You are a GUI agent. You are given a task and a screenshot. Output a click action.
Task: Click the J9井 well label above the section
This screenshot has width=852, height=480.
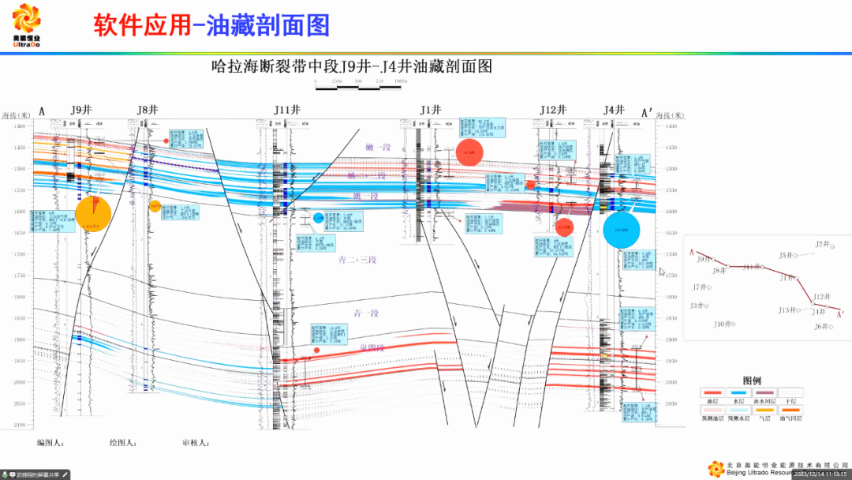(81, 111)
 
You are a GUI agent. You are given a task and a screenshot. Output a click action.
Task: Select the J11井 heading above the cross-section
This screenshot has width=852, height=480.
(287, 111)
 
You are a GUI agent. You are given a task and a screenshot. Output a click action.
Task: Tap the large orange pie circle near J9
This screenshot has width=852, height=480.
(93, 213)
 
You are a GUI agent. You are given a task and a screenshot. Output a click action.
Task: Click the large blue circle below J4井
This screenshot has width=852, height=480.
(621, 230)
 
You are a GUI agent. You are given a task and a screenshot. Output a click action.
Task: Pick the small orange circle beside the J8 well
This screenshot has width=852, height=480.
(155, 206)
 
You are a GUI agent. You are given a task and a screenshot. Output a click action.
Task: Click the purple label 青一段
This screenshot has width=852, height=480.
(366, 313)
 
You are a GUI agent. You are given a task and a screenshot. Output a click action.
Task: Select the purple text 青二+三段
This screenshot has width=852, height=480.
(357, 259)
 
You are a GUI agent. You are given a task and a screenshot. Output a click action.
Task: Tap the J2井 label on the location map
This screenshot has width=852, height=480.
(823, 245)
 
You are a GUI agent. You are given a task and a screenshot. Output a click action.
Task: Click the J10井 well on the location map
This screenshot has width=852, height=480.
(725, 324)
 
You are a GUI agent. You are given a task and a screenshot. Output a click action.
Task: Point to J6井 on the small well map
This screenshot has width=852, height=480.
(823, 326)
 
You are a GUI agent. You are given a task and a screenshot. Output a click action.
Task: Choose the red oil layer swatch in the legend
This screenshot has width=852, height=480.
(712, 392)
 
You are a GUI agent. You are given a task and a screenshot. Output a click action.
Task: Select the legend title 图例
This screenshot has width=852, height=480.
(752, 380)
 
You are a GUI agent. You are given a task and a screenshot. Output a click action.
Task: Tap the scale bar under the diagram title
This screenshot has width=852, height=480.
(360, 87)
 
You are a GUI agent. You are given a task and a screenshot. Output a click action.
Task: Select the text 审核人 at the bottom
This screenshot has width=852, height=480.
(195, 443)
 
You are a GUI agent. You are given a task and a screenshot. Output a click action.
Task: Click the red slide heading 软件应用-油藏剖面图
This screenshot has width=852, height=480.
(211, 26)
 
